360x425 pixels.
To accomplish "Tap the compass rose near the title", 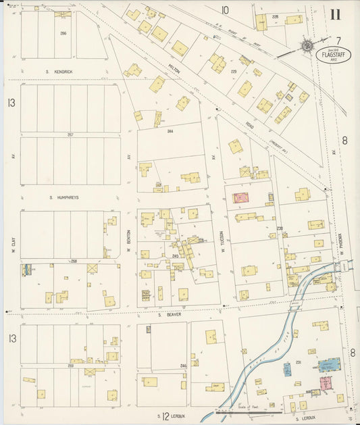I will [x=307, y=46].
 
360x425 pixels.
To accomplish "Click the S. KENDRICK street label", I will [x=59, y=70].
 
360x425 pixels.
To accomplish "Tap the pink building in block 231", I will [x=326, y=383].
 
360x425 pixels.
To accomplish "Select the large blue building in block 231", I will [x=330, y=364].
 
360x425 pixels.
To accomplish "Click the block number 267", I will [x=70, y=134].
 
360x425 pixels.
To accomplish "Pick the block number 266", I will [x=62, y=32].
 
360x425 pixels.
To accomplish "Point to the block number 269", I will [x=70, y=366].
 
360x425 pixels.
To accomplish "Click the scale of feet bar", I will [x=251, y=410].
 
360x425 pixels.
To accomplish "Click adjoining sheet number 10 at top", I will [x=224, y=9].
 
